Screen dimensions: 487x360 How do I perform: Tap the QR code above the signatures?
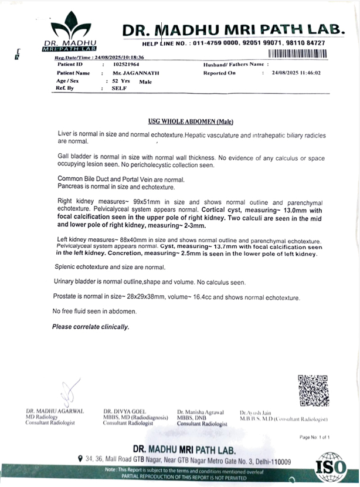coord(310,390)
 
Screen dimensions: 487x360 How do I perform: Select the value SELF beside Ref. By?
coord(119,89)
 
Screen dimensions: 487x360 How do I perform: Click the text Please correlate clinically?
coord(91,326)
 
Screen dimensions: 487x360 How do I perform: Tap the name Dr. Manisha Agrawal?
coord(200,412)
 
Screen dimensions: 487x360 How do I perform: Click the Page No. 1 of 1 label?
coord(315,437)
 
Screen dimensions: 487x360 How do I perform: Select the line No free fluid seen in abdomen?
coord(94,311)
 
